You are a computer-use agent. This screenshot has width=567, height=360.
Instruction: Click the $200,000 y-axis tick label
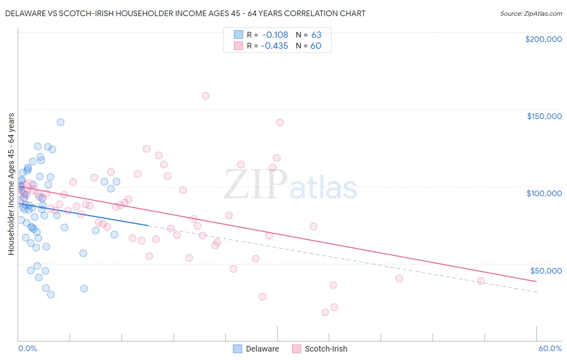point(543,39)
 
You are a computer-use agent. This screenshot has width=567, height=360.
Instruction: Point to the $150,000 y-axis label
point(544,116)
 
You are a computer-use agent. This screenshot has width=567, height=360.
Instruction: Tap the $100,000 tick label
point(544,193)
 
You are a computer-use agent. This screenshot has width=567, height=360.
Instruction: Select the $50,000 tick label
point(546,271)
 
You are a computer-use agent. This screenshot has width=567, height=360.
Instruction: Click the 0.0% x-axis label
point(27,348)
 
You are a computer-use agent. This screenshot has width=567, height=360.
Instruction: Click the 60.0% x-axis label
point(550,348)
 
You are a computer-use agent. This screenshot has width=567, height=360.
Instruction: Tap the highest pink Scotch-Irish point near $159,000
point(206,96)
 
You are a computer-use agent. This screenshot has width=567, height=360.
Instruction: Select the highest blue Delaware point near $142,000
point(60,122)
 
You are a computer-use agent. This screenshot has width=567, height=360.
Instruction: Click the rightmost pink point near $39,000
point(481,281)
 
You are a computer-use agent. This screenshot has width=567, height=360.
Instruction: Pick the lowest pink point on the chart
point(325,312)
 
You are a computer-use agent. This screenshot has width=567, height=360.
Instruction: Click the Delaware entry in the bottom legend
point(256,349)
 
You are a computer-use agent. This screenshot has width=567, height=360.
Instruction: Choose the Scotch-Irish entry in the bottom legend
point(319,349)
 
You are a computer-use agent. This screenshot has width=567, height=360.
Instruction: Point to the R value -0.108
point(275,35)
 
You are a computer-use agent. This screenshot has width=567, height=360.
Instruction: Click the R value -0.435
point(275,46)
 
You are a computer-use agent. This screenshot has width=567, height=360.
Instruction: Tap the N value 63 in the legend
point(316,35)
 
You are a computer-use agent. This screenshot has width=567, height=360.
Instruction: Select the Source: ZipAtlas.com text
point(531,14)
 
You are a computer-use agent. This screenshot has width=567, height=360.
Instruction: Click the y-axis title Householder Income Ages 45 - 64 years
point(11,184)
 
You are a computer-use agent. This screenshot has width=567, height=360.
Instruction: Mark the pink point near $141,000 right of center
point(279,123)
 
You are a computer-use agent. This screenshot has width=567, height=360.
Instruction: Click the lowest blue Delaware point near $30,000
point(51,295)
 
